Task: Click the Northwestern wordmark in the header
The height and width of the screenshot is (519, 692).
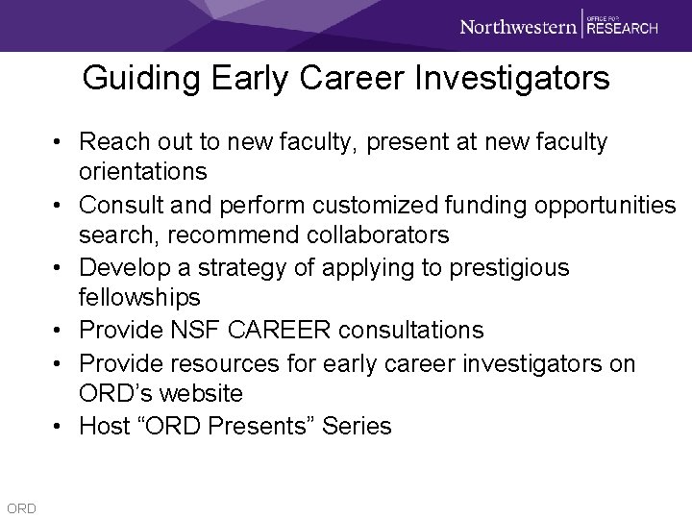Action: coord(517,26)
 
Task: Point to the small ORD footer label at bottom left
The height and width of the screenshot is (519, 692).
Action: coord(20,507)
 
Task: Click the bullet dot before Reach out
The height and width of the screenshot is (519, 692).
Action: coord(60,142)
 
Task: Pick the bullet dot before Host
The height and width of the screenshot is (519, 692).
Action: coord(60,426)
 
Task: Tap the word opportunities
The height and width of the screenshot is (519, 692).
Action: coord(595,205)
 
